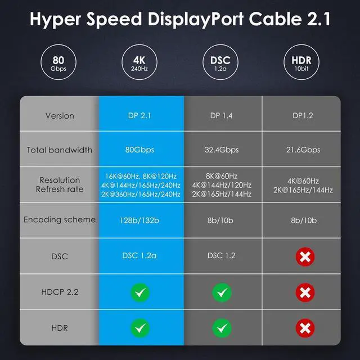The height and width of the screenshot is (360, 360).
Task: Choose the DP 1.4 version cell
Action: point(223,115)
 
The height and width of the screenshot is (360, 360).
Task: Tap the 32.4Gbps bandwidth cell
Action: point(223,150)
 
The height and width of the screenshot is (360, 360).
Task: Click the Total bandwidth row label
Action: point(60,150)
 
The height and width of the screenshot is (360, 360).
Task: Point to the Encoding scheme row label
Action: point(60,219)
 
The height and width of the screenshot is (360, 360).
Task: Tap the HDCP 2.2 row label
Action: point(60,292)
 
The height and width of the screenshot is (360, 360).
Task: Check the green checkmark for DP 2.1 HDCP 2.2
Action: point(141,292)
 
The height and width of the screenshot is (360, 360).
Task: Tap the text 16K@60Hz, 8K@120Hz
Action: point(141,175)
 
